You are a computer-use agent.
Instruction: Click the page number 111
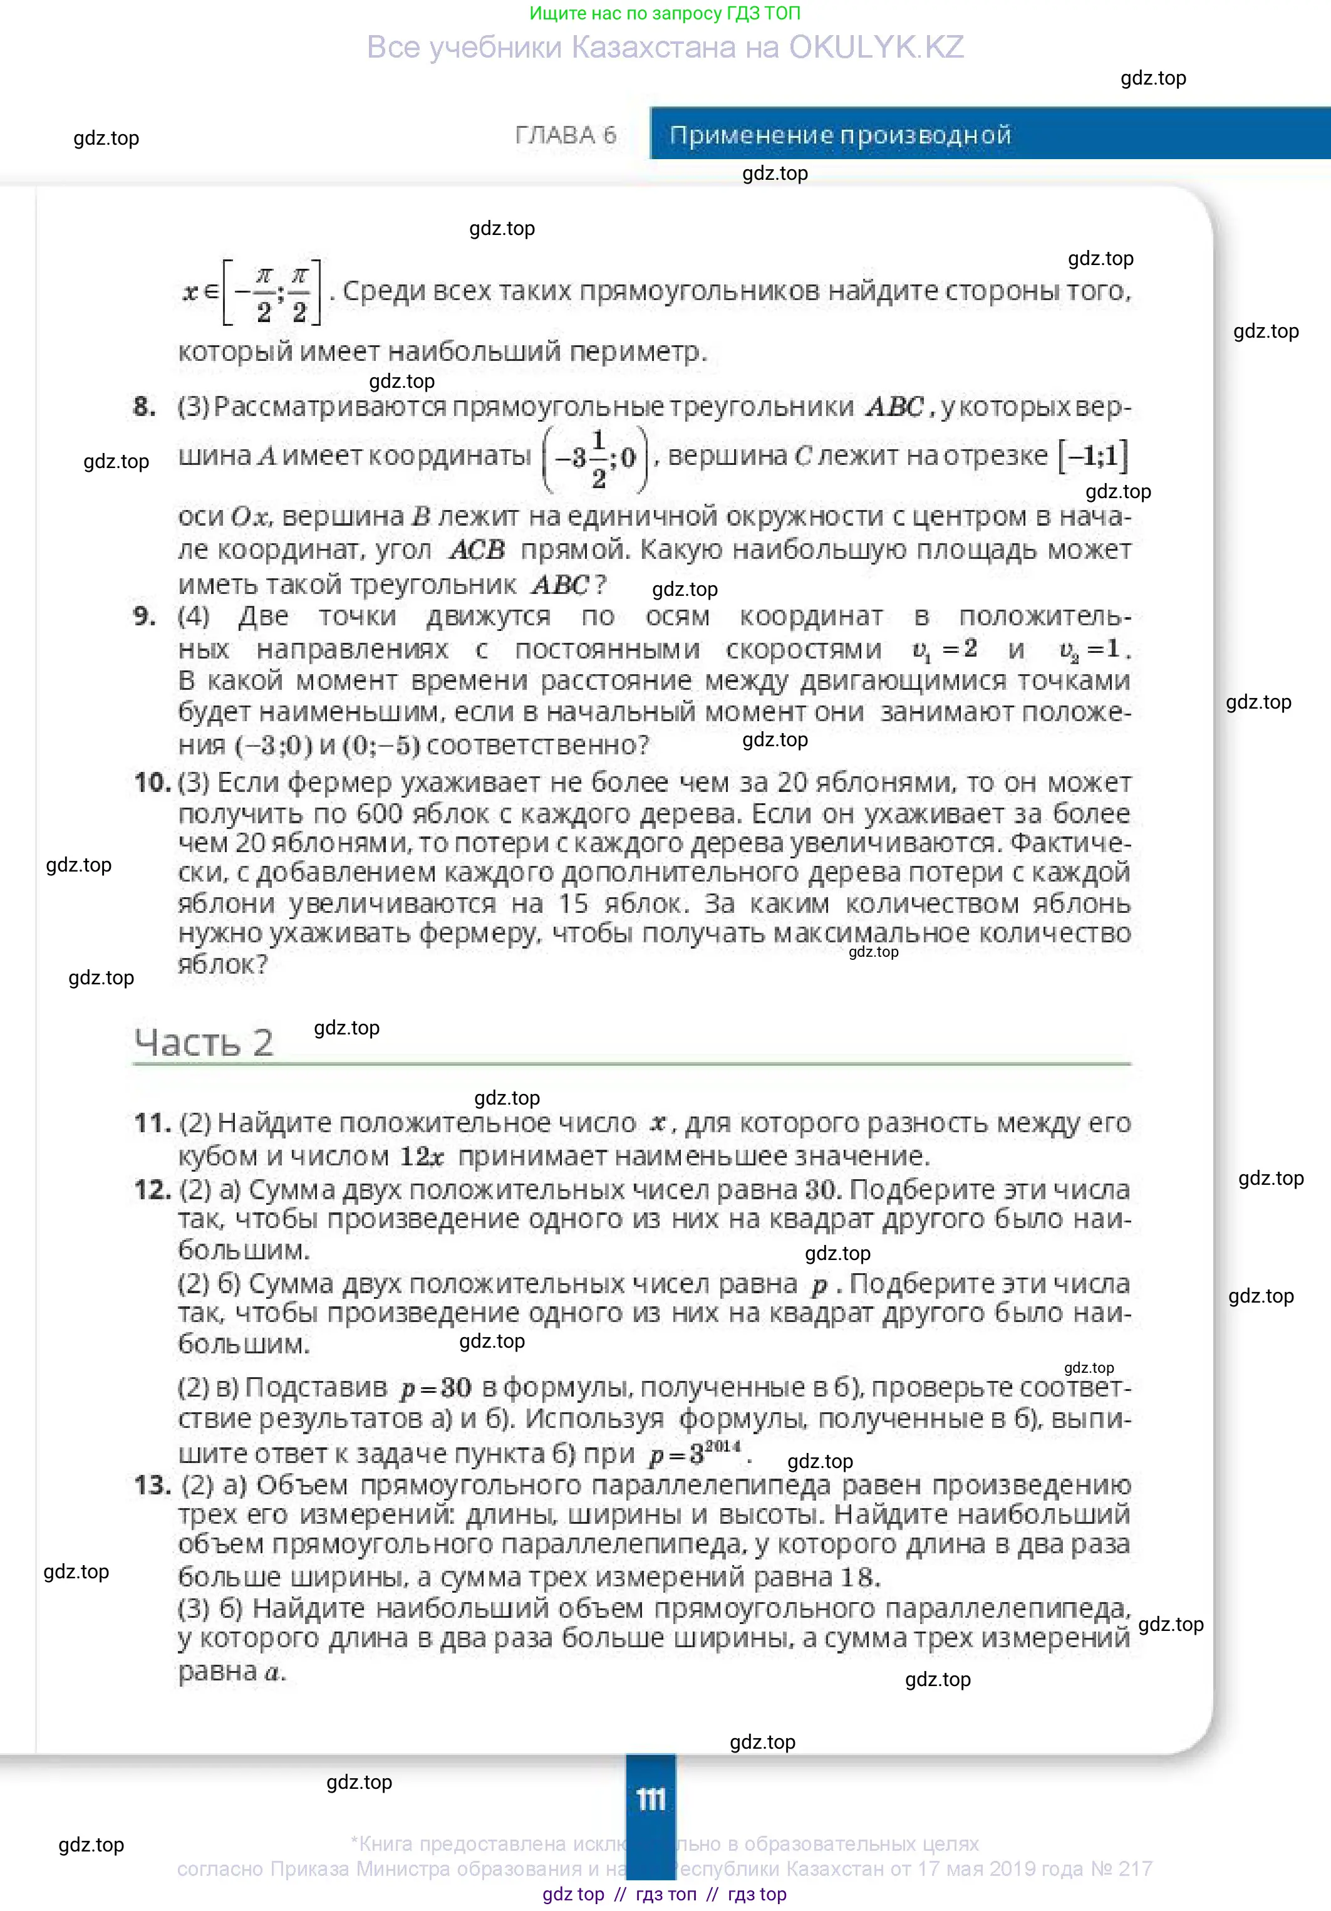[651, 1799]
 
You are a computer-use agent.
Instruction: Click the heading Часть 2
[204, 1043]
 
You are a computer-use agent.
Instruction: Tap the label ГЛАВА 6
[566, 135]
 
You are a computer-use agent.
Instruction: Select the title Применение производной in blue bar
[840, 135]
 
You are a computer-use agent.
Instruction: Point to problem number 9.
[145, 616]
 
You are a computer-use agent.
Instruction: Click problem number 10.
[152, 783]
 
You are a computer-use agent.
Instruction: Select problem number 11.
[152, 1123]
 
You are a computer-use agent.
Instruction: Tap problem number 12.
[152, 1189]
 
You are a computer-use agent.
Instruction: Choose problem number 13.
[152, 1485]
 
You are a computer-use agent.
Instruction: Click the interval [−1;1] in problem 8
[1093, 456]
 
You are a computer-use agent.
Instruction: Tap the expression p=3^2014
[695, 1453]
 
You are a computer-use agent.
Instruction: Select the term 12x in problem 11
[422, 1156]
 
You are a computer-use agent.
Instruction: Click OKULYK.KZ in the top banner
[876, 48]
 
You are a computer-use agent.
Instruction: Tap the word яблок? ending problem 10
[223, 965]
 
